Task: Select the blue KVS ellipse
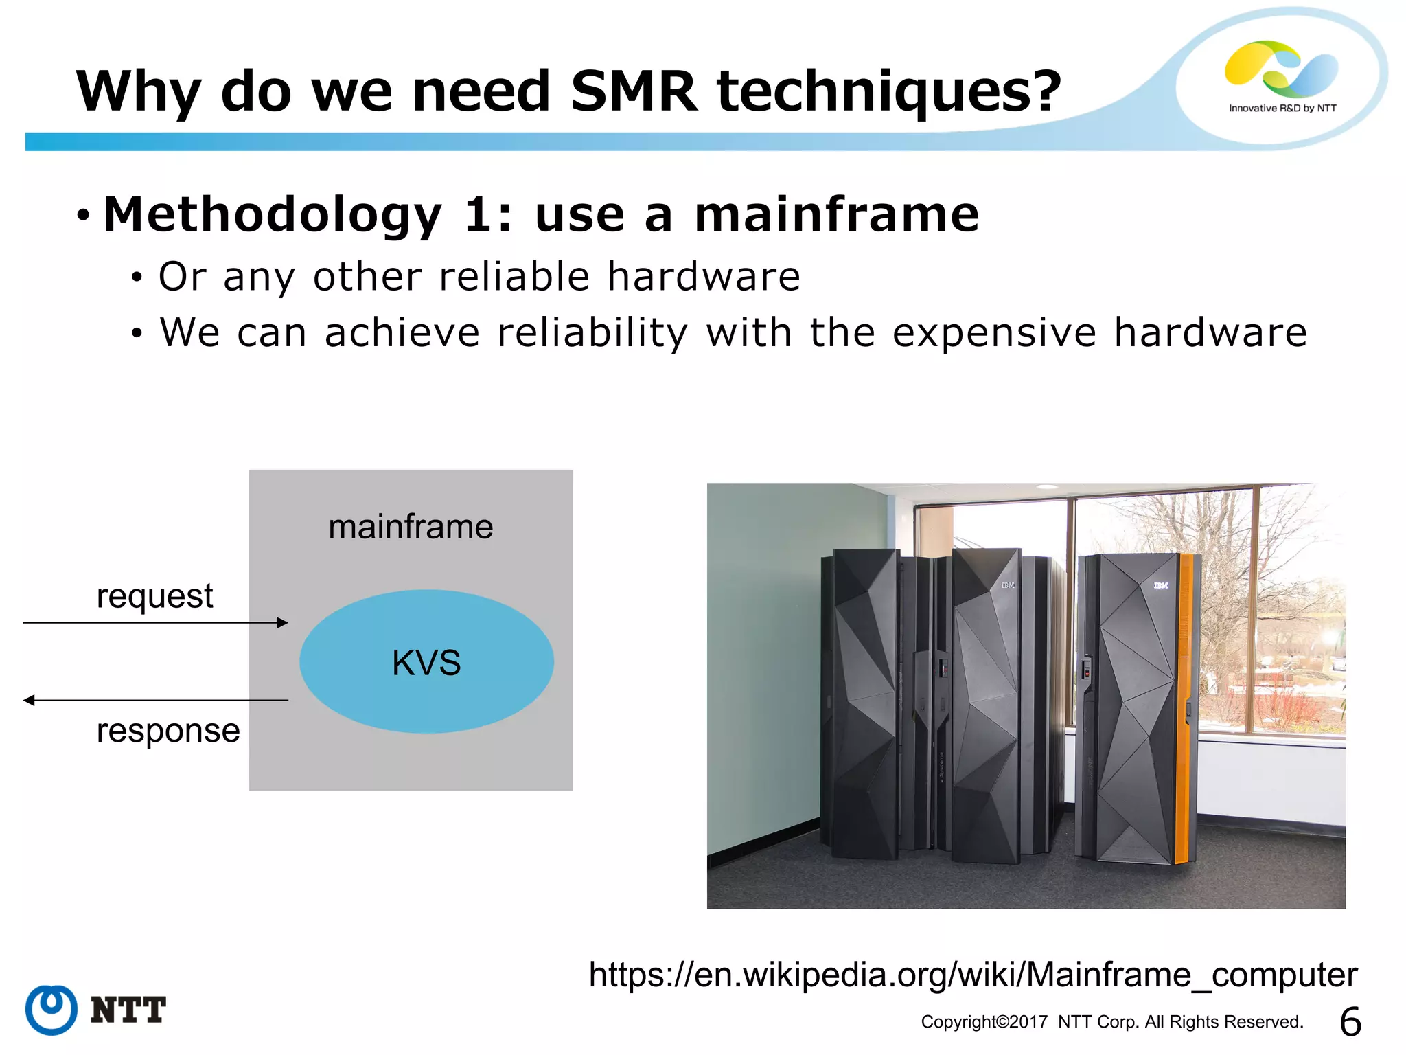pyautogui.click(x=426, y=662)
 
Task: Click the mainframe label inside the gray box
pyautogui.click(x=411, y=527)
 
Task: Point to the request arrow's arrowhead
pyautogui.click(x=282, y=623)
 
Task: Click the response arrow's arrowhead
pyautogui.click(x=30, y=701)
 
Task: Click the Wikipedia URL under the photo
pyautogui.click(x=973, y=975)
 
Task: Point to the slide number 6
pyautogui.click(x=1350, y=1021)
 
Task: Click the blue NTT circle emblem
pyautogui.click(x=51, y=1010)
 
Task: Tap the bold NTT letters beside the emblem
pyautogui.click(x=128, y=1010)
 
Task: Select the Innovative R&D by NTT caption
pyautogui.click(x=1282, y=109)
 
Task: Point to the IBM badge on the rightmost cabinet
pyautogui.click(x=1160, y=586)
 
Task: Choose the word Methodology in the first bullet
pyautogui.click(x=273, y=215)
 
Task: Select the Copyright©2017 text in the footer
pyautogui.click(x=984, y=1022)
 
